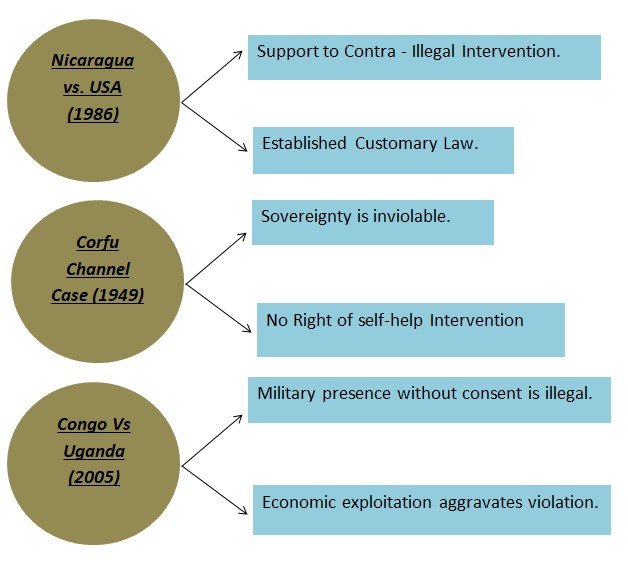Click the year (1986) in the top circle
pos(93,114)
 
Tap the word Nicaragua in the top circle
pos(93,60)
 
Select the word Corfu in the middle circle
pos(98,242)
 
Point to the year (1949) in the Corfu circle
pos(120,295)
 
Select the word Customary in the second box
pos(395,143)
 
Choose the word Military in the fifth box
pos(288,393)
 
